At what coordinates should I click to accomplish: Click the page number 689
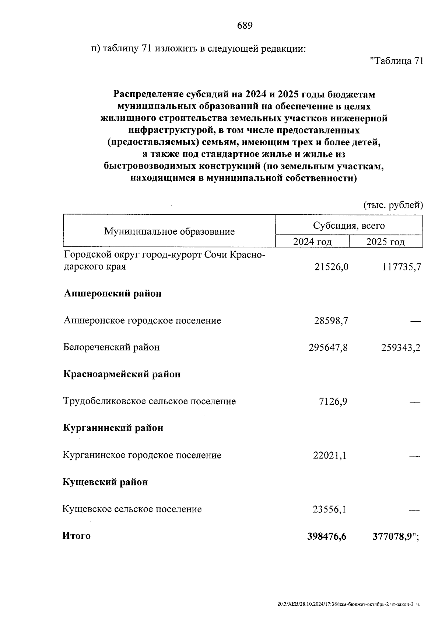pos(245,26)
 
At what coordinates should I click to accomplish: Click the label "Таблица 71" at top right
pos(396,61)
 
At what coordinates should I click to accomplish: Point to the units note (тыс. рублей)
pos(393,205)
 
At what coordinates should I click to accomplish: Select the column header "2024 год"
pos(312,242)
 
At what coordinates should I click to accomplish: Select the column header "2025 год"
pos(385,242)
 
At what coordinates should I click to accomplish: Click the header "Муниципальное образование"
pos(169,232)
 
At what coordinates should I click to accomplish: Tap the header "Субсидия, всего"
pos(349,225)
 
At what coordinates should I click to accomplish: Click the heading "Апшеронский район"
pos(113,294)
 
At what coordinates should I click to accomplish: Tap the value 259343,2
pos(401,347)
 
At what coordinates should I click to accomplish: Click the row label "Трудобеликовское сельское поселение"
pos(150,401)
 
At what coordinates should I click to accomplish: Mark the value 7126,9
pos(333,402)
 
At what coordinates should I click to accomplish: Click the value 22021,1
pos(330,456)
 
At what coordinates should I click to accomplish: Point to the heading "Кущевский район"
pos(105,482)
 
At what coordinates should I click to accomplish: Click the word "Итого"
pos(77,536)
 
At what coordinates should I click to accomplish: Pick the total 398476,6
pos(327,537)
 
